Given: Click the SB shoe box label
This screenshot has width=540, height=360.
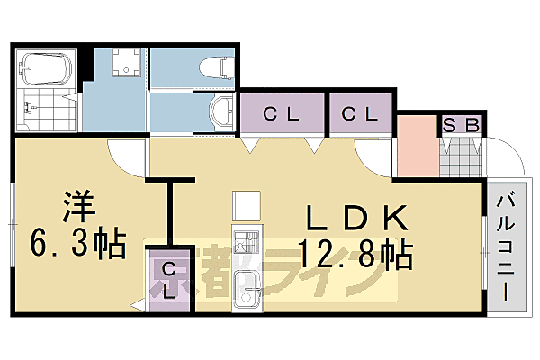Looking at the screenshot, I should point(461,124).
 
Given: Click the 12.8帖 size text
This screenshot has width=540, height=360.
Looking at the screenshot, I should point(355,255).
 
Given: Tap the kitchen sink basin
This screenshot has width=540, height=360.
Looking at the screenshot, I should point(244,288).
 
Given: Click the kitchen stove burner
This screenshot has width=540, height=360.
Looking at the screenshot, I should point(245,243).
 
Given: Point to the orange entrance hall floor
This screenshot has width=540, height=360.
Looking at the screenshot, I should point(417,146).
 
